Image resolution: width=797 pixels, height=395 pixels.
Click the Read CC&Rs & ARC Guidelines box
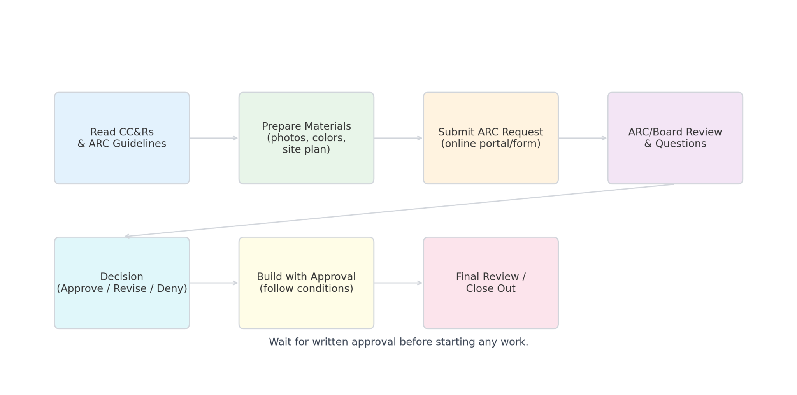(x=122, y=138)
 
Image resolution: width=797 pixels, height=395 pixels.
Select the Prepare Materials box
(x=306, y=138)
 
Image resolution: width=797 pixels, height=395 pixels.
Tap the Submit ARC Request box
(x=491, y=138)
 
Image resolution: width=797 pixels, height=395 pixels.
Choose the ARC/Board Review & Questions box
(x=675, y=138)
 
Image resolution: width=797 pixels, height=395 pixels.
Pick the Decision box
(x=122, y=283)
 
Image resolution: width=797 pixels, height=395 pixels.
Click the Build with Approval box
(x=306, y=283)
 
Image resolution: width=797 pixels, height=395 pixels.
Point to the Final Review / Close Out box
(x=491, y=283)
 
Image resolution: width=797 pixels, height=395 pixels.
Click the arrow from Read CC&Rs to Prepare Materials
(x=214, y=138)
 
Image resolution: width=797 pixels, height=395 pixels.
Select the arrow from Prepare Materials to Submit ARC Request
(x=398, y=138)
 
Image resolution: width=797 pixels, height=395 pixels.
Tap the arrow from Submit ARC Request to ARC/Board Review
(x=583, y=138)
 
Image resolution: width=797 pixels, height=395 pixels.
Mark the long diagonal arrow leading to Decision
(x=399, y=210)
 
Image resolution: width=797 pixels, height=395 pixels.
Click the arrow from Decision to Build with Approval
(x=214, y=283)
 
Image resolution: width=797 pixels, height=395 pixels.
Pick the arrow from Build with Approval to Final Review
(x=398, y=283)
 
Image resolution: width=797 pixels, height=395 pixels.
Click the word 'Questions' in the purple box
(x=681, y=144)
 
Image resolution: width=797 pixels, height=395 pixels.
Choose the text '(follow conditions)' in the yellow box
(x=306, y=289)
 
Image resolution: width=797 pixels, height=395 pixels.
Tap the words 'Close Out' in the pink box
(x=491, y=289)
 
